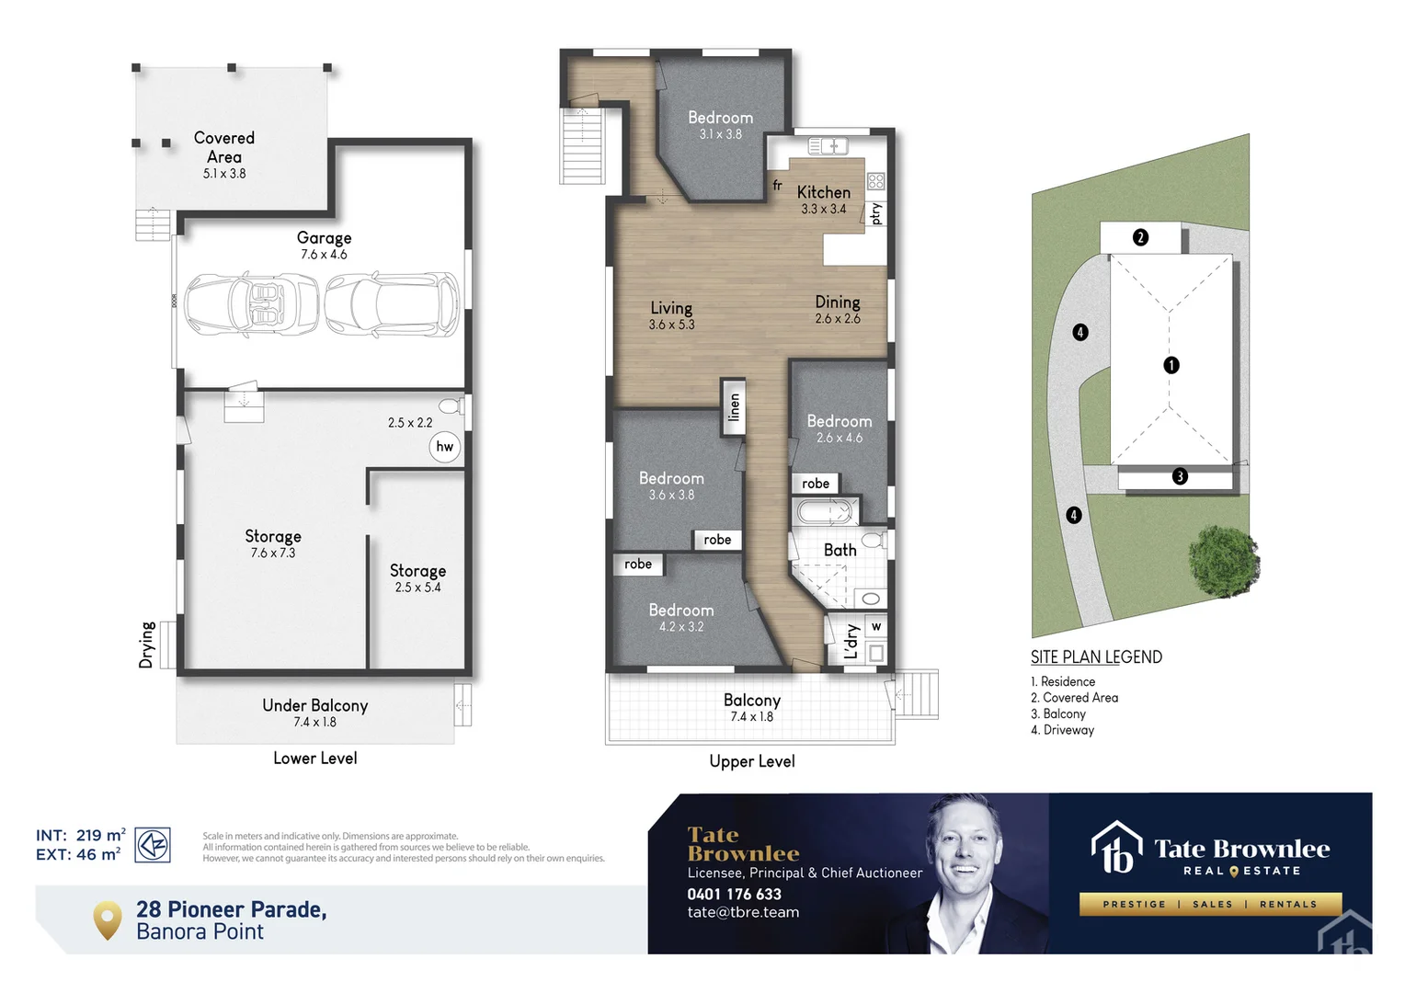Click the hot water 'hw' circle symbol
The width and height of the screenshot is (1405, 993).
pos(445,447)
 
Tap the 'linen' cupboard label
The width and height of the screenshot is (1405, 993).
pos(734,406)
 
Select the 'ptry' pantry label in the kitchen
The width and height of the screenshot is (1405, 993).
pos(876,213)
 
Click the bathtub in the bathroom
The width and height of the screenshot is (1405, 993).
pos(825,512)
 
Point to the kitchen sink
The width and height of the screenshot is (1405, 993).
pos(828,146)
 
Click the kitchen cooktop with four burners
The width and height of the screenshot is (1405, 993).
pos(875,181)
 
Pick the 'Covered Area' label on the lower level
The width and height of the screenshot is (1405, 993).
pos(224,147)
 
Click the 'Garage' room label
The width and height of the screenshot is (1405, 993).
pos(324,238)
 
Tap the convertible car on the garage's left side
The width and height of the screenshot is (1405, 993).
pos(251,304)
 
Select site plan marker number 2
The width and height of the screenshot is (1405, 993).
pos(1140,237)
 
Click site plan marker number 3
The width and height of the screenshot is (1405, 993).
pos(1180,476)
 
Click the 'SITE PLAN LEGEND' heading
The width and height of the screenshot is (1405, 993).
pos(1096,657)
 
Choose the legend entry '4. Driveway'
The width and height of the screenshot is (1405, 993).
pos(1063,730)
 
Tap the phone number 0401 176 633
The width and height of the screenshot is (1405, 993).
pos(734,894)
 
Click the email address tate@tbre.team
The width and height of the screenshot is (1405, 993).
pos(743,912)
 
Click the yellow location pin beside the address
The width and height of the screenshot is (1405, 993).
pos(108,919)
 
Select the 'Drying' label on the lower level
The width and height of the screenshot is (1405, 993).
pos(147,645)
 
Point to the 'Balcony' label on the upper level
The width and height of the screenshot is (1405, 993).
pos(751,701)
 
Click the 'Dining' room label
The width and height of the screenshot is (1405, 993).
pos(838,302)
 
